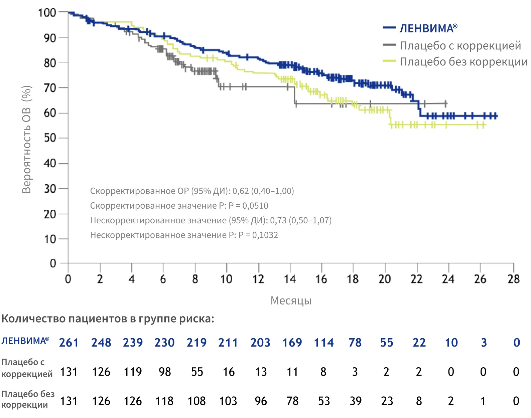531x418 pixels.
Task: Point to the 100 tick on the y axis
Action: tap(47, 13)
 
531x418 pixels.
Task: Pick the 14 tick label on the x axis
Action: tap(290, 279)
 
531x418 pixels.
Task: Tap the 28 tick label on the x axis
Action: tap(513, 279)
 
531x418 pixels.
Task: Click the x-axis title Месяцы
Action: tap(291, 300)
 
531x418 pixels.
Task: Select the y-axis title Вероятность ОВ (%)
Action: tap(27, 140)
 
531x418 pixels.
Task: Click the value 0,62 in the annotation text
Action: tap(241, 191)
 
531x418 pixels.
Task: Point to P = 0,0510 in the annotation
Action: tap(248, 206)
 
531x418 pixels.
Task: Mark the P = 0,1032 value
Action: tap(258, 235)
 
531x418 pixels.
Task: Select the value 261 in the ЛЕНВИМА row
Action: tap(69, 343)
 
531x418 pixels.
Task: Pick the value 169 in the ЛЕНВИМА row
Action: tap(292, 343)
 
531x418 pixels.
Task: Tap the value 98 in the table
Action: tap(165, 372)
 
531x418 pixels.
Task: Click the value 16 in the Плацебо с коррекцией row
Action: tap(229, 372)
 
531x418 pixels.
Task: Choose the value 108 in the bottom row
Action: tap(196, 401)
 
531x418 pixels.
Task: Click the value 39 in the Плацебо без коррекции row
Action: tap(356, 401)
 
